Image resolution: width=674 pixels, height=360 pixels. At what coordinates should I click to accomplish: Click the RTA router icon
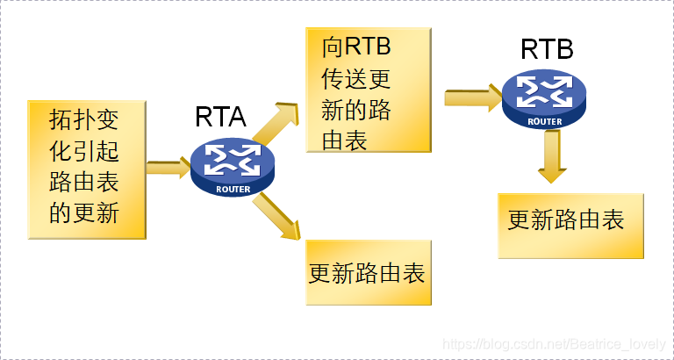tap(232, 168)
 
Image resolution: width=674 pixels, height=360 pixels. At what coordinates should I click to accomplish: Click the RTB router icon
tap(543, 98)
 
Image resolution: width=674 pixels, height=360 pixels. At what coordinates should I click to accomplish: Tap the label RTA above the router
tap(220, 117)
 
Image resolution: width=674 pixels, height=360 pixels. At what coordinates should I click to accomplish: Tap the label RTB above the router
tap(547, 48)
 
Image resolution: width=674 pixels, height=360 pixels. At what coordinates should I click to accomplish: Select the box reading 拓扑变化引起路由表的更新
tap(86, 169)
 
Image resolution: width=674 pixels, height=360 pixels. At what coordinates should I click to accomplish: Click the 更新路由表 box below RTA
tap(368, 272)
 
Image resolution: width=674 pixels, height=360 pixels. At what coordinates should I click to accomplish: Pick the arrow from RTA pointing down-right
tap(277, 216)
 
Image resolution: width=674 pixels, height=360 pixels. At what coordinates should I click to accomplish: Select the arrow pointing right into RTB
tap(472, 96)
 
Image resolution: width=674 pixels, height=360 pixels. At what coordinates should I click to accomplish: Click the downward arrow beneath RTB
tap(551, 157)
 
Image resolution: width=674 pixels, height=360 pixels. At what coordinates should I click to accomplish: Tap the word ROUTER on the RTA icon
tap(233, 188)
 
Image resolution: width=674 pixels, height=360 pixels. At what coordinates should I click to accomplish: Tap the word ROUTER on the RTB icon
tap(544, 121)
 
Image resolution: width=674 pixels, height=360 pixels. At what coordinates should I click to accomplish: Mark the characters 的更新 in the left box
tap(84, 213)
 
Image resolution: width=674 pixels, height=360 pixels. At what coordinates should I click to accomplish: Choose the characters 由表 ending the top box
tap(344, 138)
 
